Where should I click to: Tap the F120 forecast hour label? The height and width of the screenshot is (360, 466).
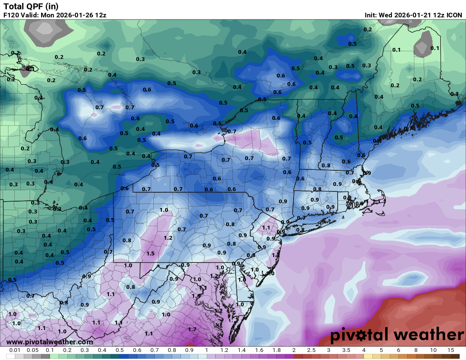pyautogui.click(x=11, y=15)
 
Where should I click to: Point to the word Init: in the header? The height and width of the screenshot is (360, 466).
pyautogui.click(x=372, y=15)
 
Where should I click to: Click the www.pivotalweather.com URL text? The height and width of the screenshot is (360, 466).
pyautogui.click(x=50, y=342)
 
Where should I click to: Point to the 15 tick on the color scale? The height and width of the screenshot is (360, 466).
pyautogui.click(x=451, y=350)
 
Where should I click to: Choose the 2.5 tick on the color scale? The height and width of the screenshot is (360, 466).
pyautogui.click(x=311, y=350)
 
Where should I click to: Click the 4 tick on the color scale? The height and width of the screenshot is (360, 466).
pyautogui.click(x=364, y=350)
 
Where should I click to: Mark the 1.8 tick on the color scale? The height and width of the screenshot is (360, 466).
pyautogui.click(x=277, y=350)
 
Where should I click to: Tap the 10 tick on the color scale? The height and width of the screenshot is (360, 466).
pyautogui.click(x=433, y=350)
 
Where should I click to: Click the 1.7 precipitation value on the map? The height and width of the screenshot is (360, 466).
pyautogui.click(x=192, y=329)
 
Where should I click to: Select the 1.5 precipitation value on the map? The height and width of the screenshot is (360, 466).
pyautogui.click(x=150, y=253)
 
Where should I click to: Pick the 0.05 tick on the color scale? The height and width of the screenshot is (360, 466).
pyautogui.click(x=33, y=350)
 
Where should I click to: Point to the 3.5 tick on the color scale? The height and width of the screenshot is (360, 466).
pyautogui.click(x=347, y=350)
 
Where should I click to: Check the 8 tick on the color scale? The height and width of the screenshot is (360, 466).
pyautogui.click(x=416, y=350)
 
